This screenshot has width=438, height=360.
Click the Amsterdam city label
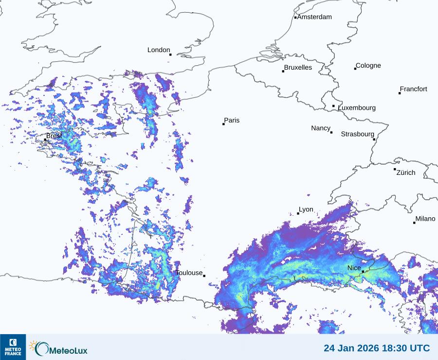tap(314, 17)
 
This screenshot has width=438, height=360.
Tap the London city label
tap(159, 50)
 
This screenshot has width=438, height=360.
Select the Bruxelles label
tap(298, 68)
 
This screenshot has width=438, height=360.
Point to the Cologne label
tap(368, 66)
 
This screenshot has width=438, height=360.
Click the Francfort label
tap(413, 89)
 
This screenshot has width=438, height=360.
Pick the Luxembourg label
tap(357, 108)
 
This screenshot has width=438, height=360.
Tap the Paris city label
tap(232, 120)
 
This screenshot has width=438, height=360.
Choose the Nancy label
tap(321, 128)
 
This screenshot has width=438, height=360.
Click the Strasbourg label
tap(357, 134)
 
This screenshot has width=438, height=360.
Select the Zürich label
tap(406, 172)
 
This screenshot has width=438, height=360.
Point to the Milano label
tap(425, 219)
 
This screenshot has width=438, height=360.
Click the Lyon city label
tap(306, 209)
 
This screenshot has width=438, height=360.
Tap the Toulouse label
tap(189, 273)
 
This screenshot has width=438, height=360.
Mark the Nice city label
tap(354, 268)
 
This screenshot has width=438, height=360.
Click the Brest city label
tap(54, 135)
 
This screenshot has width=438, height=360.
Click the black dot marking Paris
tap(223, 124)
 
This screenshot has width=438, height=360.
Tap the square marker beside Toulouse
tap(204, 276)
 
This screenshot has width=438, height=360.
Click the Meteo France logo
tap(13, 347)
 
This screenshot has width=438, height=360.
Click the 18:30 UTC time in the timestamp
tap(406, 348)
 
